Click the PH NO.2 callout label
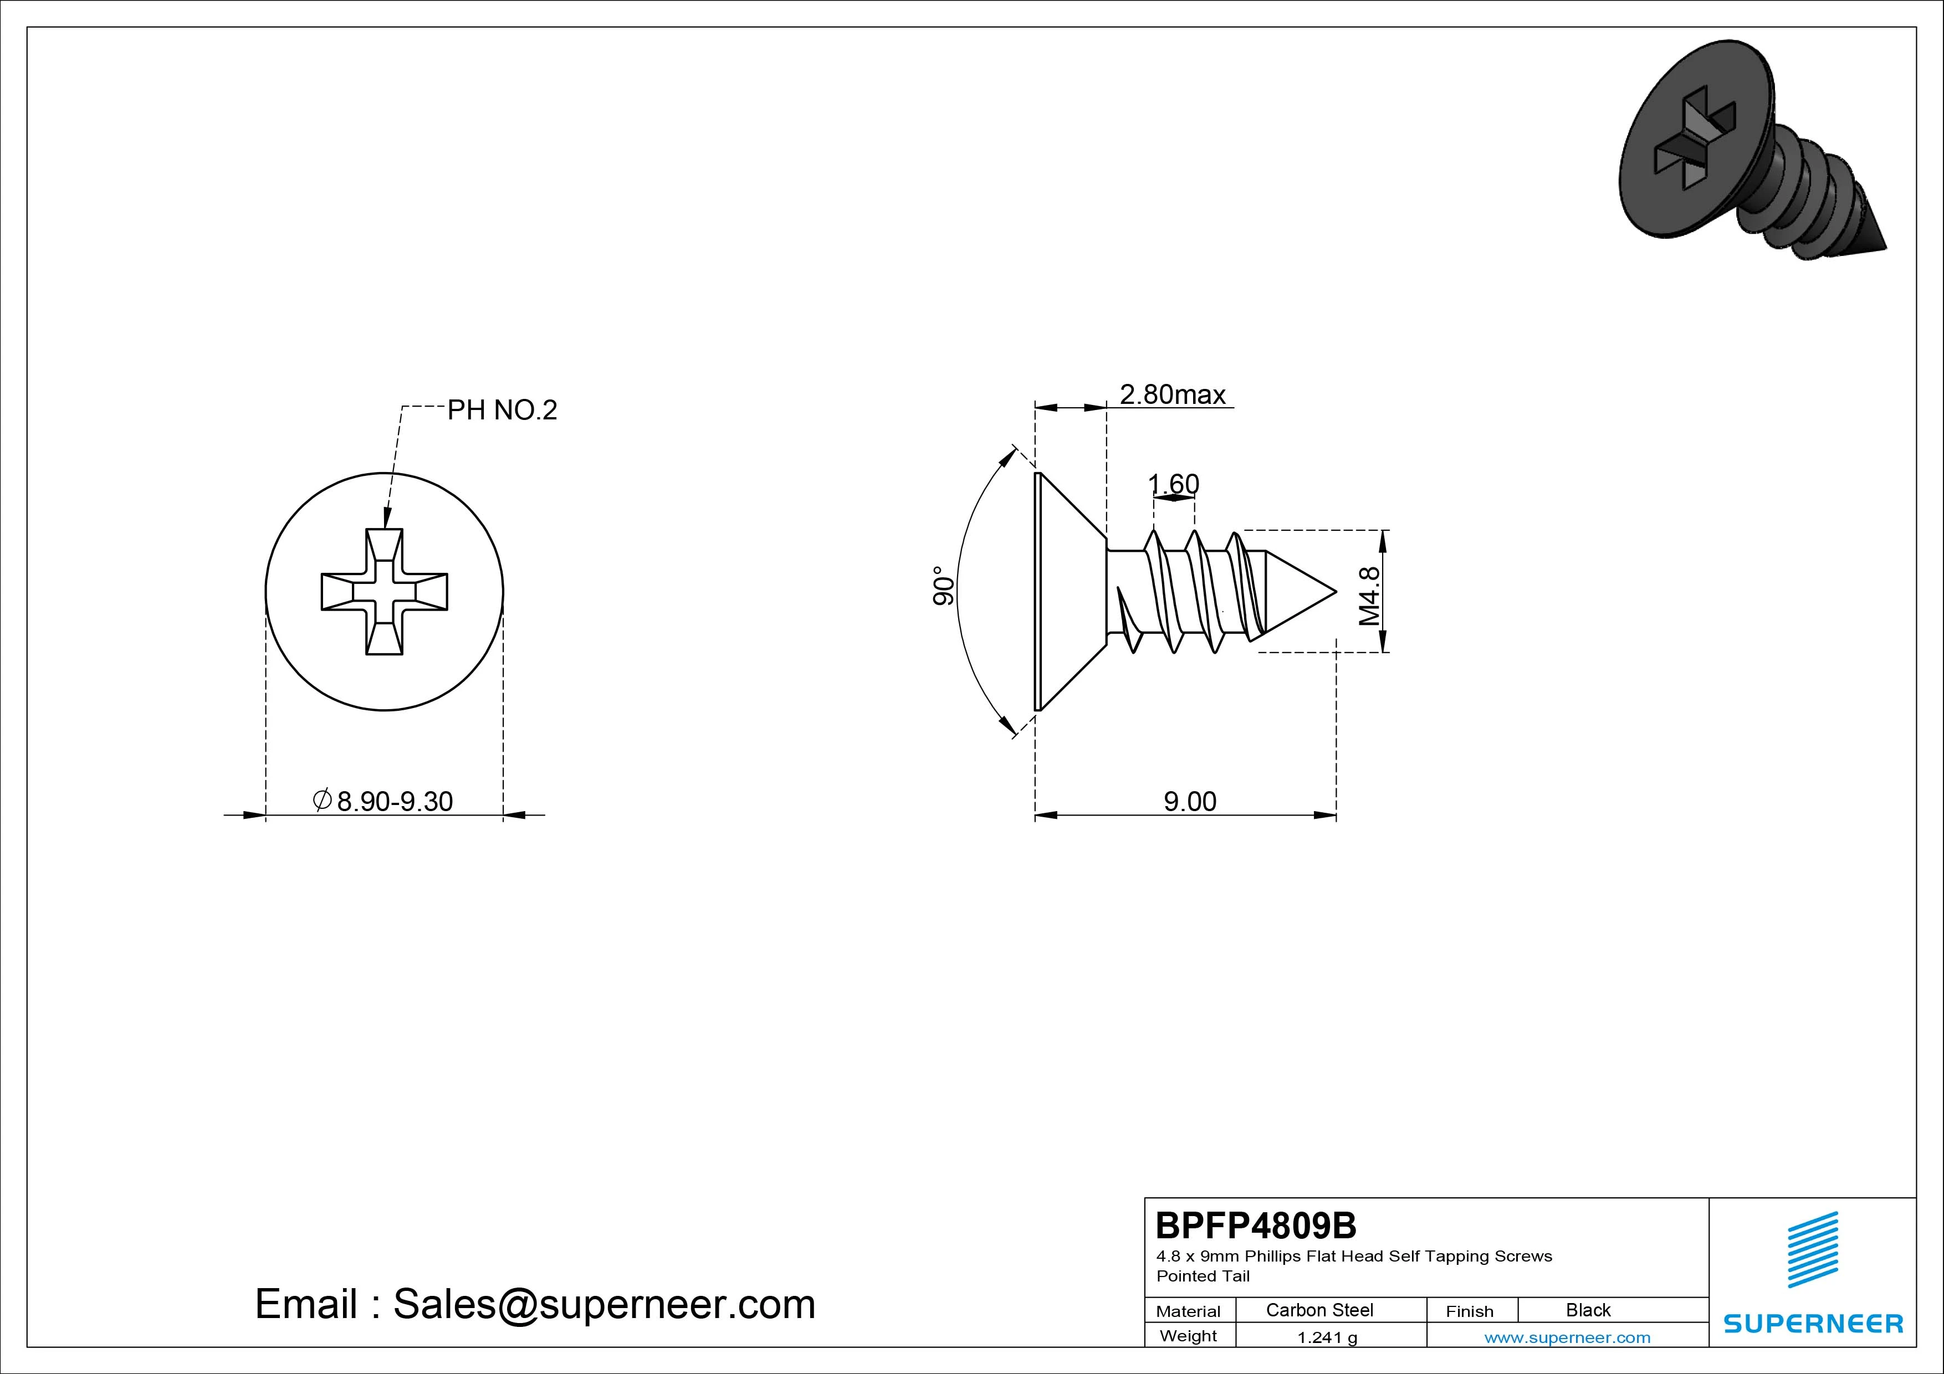(x=502, y=411)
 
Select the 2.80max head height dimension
(x=1173, y=394)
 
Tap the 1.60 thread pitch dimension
(x=1174, y=484)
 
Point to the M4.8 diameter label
(x=1369, y=596)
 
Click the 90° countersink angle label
(x=943, y=586)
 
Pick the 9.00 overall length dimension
(x=1190, y=801)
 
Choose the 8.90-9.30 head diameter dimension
(x=383, y=801)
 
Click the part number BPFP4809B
(x=1256, y=1225)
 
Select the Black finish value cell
(x=1588, y=1310)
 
